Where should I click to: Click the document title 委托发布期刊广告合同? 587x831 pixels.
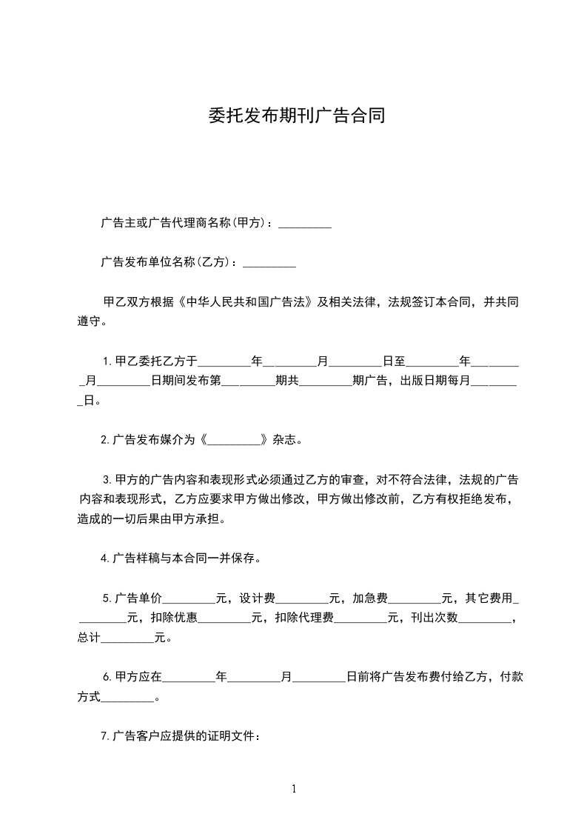(293, 116)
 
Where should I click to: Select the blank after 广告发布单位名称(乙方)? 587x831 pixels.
(269, 262)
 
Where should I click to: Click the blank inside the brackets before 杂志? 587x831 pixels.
(235, 439)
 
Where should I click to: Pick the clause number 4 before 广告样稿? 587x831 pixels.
(104, 558)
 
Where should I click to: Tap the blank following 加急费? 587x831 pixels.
(415, 598)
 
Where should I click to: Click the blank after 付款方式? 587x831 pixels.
(127, 697)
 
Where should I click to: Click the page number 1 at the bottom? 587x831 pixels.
(294, 789)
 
